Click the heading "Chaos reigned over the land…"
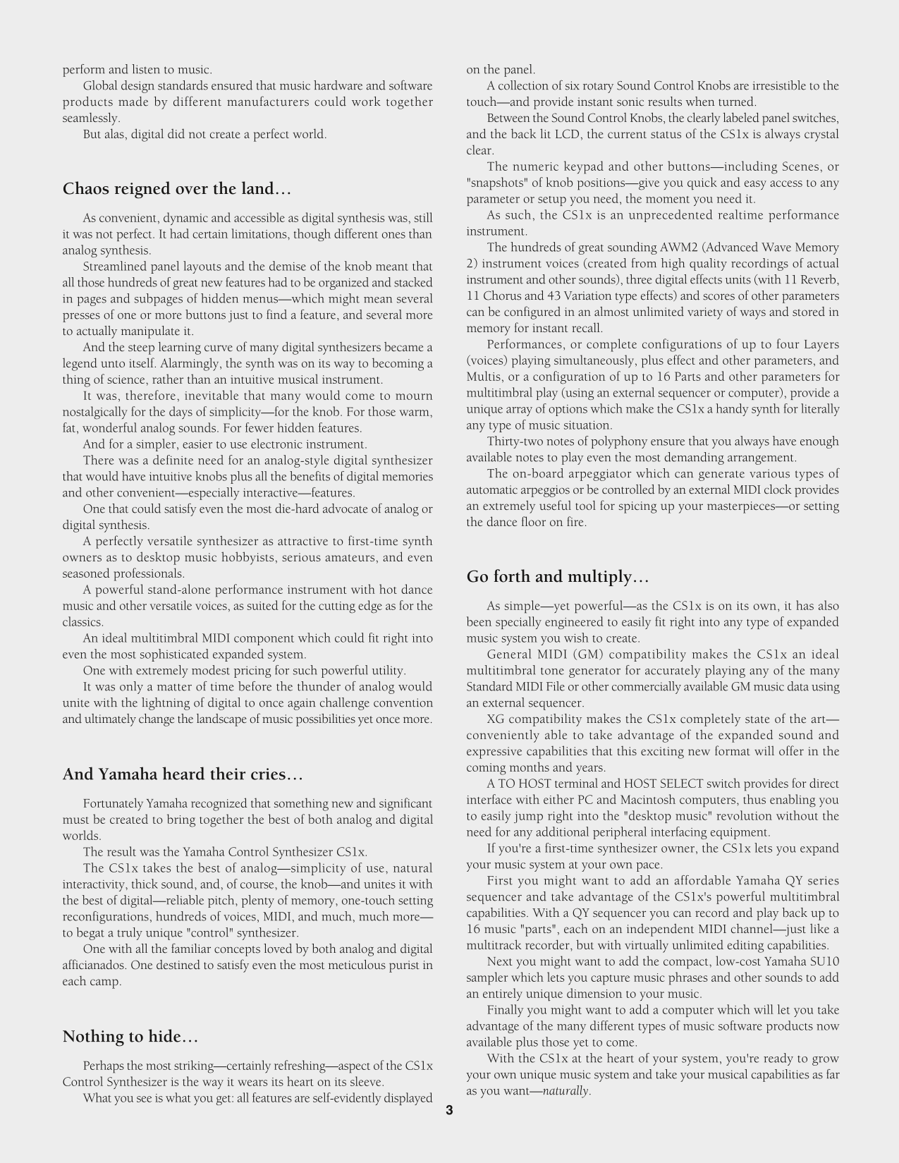tap(177, 189)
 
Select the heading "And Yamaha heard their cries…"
tap(183, 774)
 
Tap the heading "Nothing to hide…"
tap(130, 1037)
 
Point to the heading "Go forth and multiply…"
tap(557, 577)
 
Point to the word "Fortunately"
tap(113, 803)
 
